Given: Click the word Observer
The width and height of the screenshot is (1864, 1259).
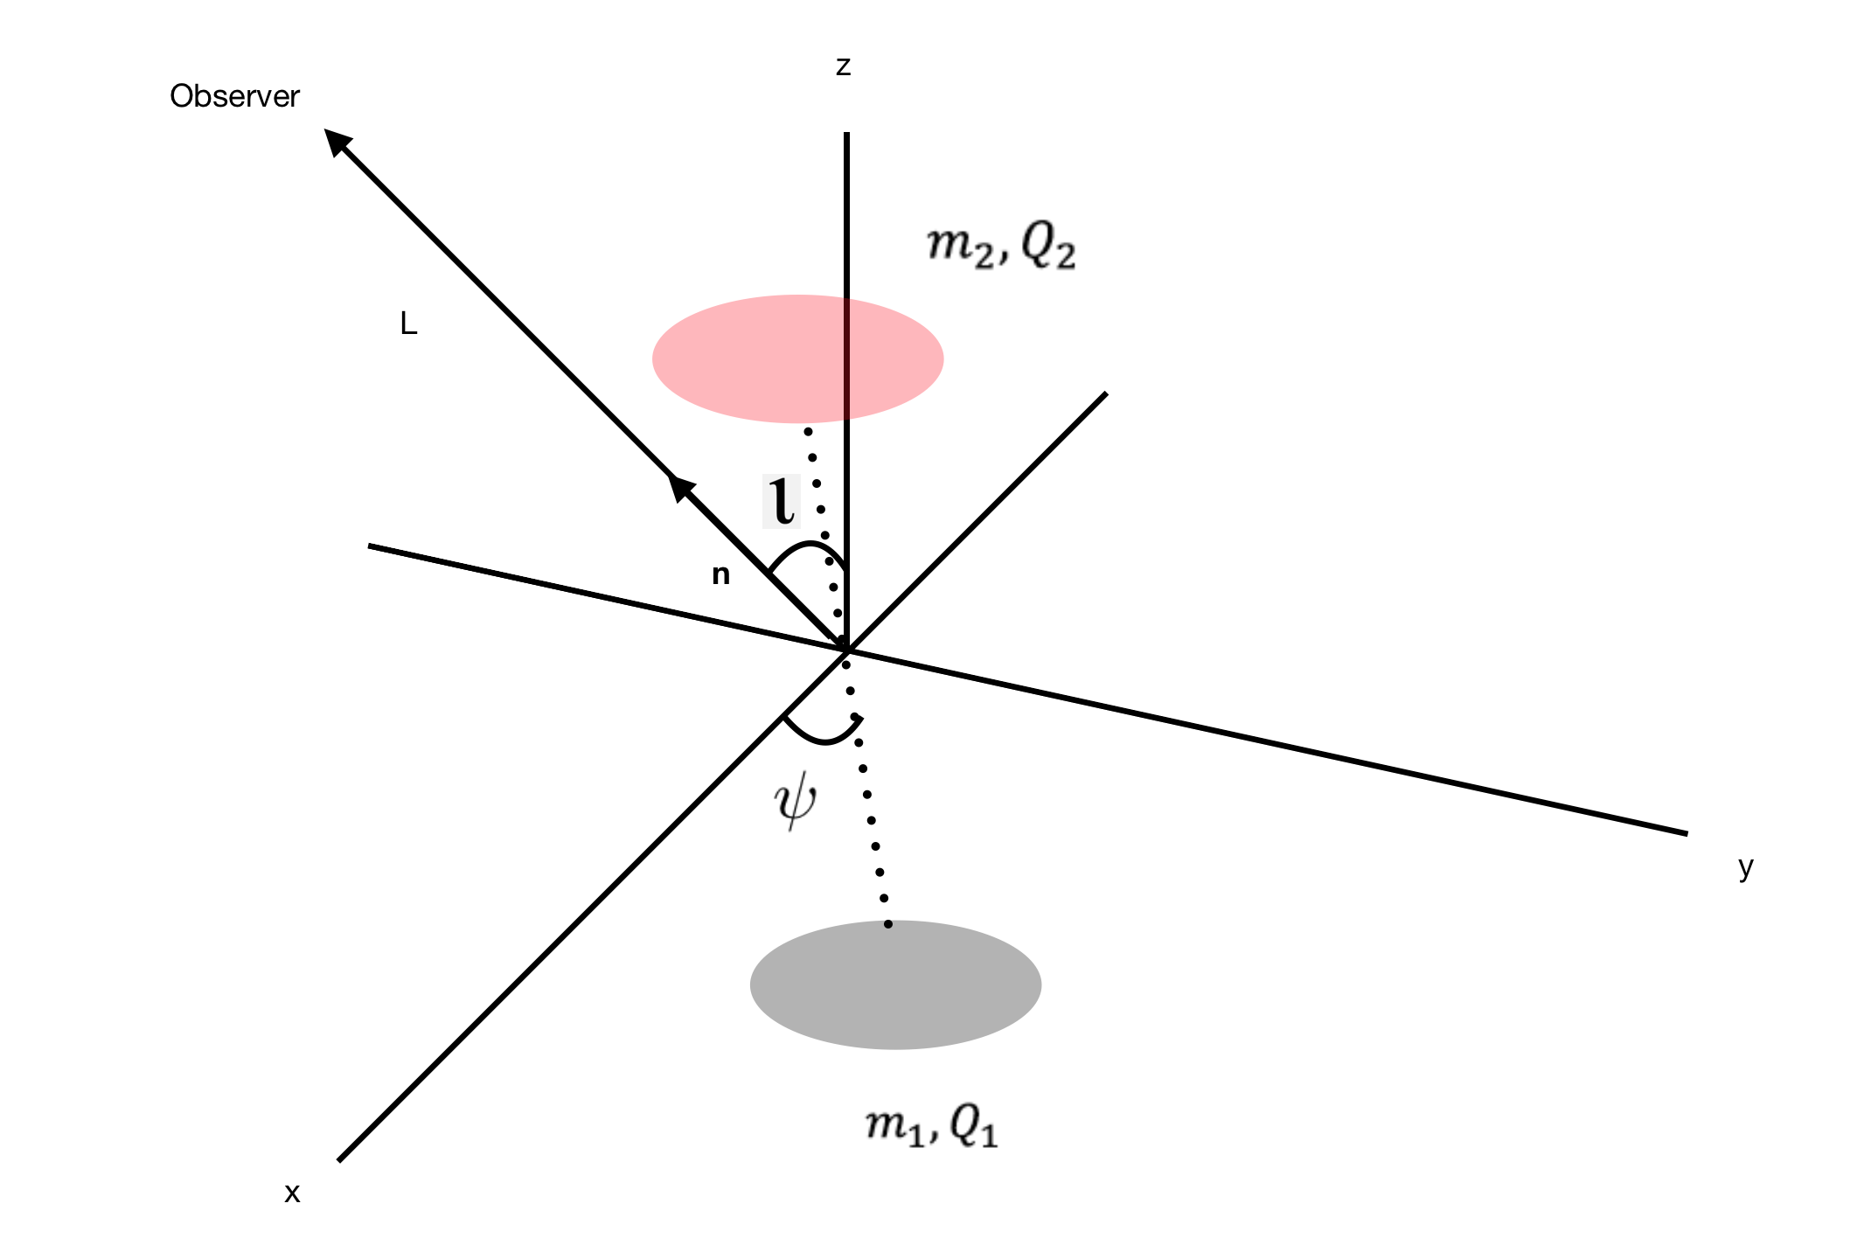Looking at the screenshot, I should [x=234, y=96].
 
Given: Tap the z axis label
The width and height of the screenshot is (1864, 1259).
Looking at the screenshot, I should [x=843, y=66].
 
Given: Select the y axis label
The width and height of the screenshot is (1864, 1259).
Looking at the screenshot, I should [x=1746, y=867].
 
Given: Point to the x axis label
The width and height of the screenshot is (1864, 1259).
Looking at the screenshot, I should [x=292, y=1193].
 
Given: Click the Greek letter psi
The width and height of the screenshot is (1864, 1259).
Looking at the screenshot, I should [x=796, y=803].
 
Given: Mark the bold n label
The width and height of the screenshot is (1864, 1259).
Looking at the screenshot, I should [x=720, y=574].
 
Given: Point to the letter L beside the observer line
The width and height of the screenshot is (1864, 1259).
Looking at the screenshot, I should [x=408, y=324].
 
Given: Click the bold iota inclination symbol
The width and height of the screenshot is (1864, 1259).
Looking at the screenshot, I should [x=782, y=501].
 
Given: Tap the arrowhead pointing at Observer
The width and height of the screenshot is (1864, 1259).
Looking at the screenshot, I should [x=336, y=141].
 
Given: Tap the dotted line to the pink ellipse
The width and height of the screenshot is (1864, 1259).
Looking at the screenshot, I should [x=823, y=507].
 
